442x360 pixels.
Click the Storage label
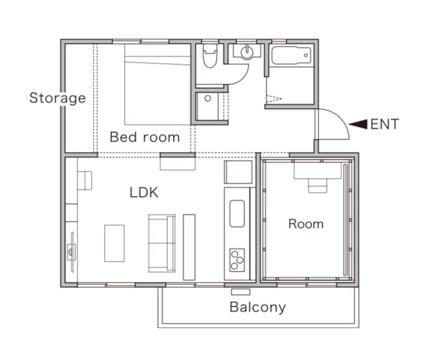[x=57, y=98]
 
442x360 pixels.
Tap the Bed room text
[x=144, y=137]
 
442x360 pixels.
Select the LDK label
[x=144, y=192]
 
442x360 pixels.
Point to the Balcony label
[x=257, y=307]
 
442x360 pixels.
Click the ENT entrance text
[x=385, y=124]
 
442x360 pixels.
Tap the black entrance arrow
[x=358, y=124]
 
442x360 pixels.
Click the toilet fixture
[x=210, y=55]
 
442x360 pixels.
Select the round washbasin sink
[x=247, y=52]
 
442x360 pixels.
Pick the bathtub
[x=291, y=55]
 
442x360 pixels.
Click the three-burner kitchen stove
[x=237, y=260]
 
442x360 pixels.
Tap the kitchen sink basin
[x=237, y=214]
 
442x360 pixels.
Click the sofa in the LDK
[x=162, y=243]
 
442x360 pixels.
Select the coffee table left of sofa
[x=114, y=243]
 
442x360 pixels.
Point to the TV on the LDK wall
[x=71, y=251]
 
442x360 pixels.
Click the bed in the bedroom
[x=157, y=84]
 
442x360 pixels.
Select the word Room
[x=306, y=224]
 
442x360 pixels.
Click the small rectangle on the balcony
[x=240, y=292]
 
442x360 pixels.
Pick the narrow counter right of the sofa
[x=189, y=247]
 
